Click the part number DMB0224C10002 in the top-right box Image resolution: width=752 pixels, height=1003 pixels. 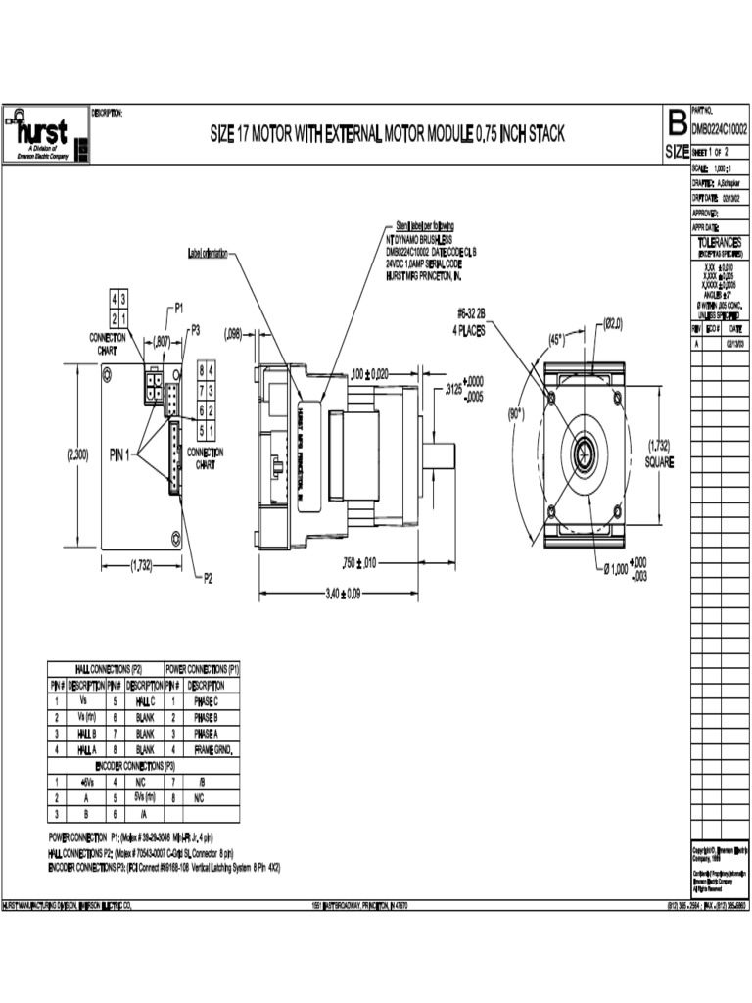click(719, 128)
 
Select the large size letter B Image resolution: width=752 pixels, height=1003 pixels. click(676, 123)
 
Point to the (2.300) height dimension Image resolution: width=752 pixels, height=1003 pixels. click(77, 454)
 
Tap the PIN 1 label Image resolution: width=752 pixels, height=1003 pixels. click(122, 454)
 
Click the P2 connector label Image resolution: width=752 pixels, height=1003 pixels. click(208, 578)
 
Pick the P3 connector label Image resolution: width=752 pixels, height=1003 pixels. click(195, 330)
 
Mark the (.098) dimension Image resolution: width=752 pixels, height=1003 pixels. click(233, 333)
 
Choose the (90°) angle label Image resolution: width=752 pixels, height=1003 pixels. click(516, 413)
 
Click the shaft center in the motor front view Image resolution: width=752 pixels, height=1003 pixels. click(585, 453)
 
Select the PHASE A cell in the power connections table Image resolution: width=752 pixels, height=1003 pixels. click(207, 733)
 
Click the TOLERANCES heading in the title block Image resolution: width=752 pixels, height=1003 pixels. click(719, 241)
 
